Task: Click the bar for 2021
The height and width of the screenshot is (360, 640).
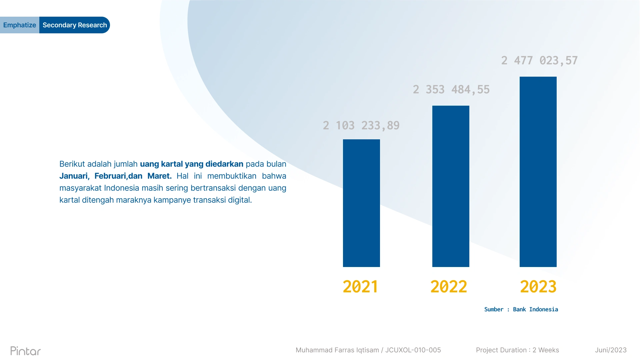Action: pos(361,203)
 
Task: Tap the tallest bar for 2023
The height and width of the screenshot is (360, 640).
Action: pos(538,172)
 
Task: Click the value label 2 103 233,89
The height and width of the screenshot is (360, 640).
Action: pos(361,125)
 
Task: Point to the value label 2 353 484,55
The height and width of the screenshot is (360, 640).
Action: pos(451,89)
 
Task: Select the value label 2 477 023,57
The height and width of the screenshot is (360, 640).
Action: pos(539,60)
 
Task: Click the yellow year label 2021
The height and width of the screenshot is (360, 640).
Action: pos(360,287)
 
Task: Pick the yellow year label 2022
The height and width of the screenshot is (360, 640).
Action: pos(449,287)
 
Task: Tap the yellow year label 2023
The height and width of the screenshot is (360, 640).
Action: pos(538,287)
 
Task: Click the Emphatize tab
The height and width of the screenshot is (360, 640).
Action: pos(20,25)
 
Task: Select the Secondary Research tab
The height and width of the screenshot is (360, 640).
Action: pos(75,25)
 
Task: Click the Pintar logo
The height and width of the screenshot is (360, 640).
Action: pos(26,351)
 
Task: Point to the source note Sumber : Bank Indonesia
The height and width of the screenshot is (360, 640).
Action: pos(521,309)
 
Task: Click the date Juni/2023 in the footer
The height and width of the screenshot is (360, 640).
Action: pos(611,350)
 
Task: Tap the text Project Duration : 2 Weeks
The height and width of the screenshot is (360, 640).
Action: pos(517,350)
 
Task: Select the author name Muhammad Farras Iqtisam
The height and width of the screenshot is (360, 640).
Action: pos(337,350)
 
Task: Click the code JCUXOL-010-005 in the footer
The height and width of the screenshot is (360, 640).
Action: pos(413,350)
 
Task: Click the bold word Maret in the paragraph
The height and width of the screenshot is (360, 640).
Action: pos(159,176)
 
